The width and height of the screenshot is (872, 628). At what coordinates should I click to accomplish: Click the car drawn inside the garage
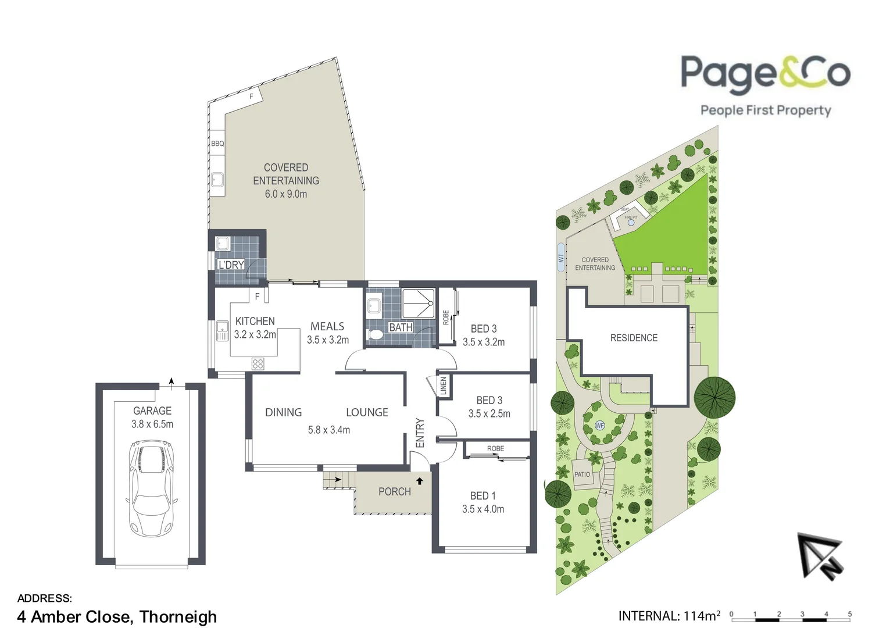pyautogui.click(x=151, y=488)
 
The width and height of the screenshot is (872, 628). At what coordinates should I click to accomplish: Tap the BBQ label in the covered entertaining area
pyautogui.click(x=217, y=144)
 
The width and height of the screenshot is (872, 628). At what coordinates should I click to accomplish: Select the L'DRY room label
pyautogui.click(x=231, y=265)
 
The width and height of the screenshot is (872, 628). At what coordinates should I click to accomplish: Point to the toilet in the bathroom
pyautogui.click(x=376, y=334)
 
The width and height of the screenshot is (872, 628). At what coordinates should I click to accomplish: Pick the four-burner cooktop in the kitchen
pyautogui.click(x=258, y=364)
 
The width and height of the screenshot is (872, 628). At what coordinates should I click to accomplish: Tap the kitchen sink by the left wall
pyautogui.click(x=222, y=331)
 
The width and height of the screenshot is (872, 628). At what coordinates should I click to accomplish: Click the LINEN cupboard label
pyautogui.click(x=443, y=386)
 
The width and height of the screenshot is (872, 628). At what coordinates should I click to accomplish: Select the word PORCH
pyautogui.click(x=394, y=492)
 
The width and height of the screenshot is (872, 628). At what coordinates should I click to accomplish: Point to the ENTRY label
pyautogui.click(x=420, y=433)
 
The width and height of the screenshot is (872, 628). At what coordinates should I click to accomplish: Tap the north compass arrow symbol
pyautogui.click(x=820, y=555)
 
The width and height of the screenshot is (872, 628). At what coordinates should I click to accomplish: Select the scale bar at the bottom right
pyautogui.click(x=791, y=615)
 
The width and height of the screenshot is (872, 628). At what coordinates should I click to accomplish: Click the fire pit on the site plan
pyautogui.click(x=631, y=222)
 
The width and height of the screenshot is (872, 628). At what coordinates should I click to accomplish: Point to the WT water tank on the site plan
pyautogui.click(x=561, y=256)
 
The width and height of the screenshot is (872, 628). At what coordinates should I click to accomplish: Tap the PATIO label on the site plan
pyautogui.click(x=582, y=474)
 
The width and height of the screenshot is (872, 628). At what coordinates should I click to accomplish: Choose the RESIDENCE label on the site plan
pyautogui.click(x=634, y=338)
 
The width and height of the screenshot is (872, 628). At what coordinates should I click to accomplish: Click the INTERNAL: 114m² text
pyautogui.click(x=669, y=616)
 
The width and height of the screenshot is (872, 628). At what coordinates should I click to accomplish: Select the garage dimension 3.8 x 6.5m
pyautogui.click(x=152, y=424)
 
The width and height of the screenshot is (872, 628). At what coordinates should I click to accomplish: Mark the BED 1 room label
pyautogui.click(x=483, y=496)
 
